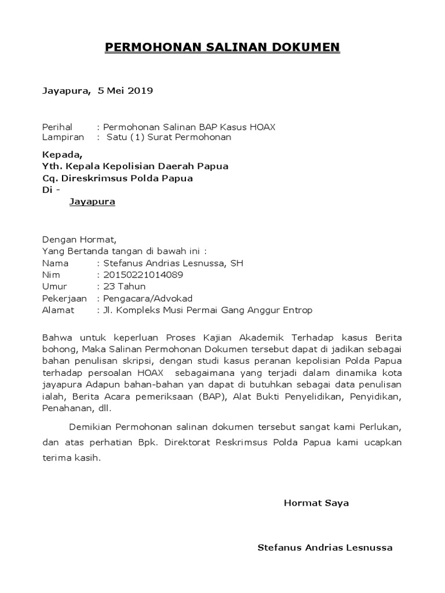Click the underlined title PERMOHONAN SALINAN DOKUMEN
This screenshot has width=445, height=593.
pos(222,47)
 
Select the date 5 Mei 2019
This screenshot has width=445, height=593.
pos(125,90)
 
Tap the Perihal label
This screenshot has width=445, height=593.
pos(57,127)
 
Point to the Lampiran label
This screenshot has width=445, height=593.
pos(63,137)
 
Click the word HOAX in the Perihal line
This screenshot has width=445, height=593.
pos(264,127)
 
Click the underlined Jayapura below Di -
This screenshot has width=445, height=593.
pos(92,202)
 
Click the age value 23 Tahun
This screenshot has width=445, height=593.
pos(124,287)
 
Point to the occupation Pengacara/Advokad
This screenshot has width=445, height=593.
pos(147,298)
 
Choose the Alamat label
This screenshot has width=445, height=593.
pos(58,310)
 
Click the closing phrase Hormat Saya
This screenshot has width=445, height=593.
pos(316,503)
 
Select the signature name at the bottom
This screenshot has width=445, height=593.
pos(324,548)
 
